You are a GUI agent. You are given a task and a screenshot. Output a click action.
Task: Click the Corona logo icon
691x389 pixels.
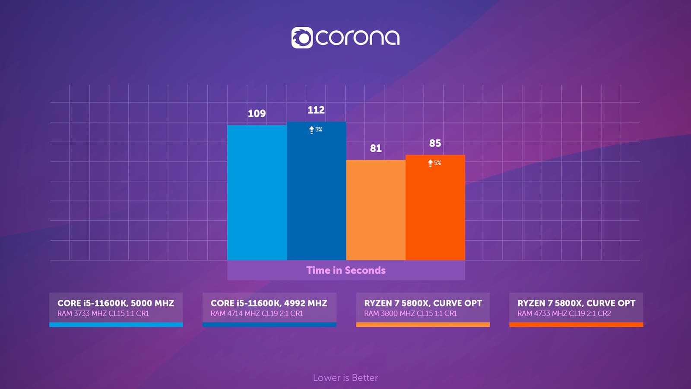click(x=301, y=38)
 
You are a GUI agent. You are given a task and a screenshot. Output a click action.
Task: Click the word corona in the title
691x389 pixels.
click(x=358, y=38)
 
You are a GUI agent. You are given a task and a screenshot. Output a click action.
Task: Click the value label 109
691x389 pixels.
click(x=257, y=114)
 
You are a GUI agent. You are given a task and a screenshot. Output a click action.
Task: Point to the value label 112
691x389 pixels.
click(x=316, y=110)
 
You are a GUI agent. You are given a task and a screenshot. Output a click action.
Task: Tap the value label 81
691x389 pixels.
click(x=376, y=148)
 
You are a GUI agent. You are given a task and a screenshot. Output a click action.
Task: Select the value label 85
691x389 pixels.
click(x=435, y=143)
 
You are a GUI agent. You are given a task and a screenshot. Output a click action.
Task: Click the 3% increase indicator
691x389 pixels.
click(x=316, y=130)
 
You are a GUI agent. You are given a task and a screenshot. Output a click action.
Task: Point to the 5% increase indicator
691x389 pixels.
click(x=434, y=163)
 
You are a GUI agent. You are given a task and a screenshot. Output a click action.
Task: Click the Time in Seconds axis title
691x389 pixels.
click(x=346, y=270)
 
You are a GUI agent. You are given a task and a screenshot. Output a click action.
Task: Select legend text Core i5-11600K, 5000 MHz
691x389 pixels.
click(x=116, y=303)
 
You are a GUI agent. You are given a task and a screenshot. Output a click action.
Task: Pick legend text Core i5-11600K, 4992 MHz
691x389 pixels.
click(x=269, y=303)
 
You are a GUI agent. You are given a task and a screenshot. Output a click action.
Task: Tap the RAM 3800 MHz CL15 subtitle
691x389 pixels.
click(x=410, y=313)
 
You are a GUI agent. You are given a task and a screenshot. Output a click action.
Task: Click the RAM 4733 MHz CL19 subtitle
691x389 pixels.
click(x=564, y=313)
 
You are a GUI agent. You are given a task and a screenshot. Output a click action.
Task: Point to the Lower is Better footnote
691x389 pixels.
click(x=345, y=378)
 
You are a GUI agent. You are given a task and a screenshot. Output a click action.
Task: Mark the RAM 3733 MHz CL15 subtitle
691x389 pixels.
click(x=103, y=313)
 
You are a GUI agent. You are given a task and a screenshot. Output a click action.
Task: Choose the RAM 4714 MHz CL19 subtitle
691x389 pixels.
click(x=257, y=313)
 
